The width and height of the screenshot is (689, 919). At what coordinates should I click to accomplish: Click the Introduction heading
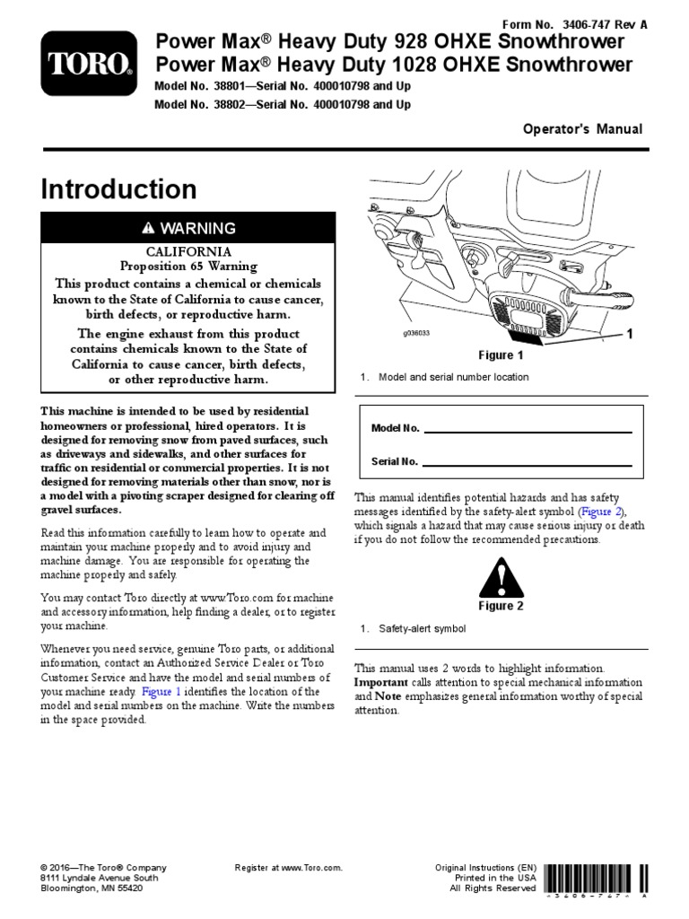[118, 189]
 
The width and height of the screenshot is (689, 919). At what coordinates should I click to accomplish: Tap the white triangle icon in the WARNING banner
[148, 228]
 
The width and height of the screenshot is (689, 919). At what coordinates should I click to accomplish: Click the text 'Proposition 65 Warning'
[188, 267]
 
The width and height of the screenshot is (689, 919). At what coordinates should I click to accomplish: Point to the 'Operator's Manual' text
[583, 129]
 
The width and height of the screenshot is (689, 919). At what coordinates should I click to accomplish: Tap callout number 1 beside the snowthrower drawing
[629, 335]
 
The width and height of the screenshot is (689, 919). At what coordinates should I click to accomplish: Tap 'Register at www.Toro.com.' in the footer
[289, 868]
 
